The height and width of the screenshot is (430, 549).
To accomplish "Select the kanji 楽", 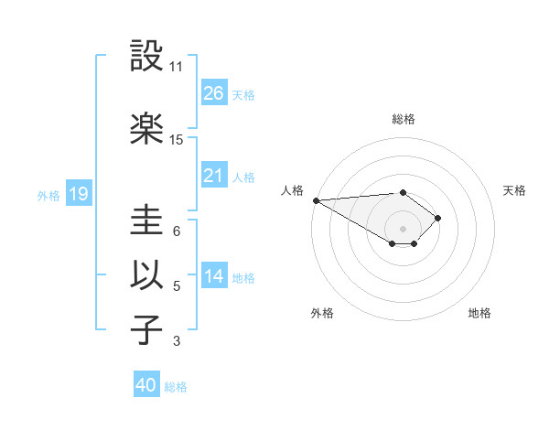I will point(147,129).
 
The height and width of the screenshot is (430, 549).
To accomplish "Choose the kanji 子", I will point(147,330).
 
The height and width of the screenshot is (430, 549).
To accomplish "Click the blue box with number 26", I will point(214,93).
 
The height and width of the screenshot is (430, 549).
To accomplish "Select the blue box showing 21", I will point(214,176).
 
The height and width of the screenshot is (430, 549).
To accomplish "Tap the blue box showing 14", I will point(214,276).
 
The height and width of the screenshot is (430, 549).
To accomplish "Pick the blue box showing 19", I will point(78,194).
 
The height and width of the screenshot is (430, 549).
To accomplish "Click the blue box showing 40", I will point(146,386).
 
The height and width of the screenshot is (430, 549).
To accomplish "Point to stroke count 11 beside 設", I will point(177,67).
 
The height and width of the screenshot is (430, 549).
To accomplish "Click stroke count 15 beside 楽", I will point(177,140).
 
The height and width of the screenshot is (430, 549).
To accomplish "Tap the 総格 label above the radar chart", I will point(403,119).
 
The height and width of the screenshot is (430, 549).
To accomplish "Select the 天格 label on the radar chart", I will point(515,190).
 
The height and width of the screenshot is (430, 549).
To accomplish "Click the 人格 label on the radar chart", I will point(292,190).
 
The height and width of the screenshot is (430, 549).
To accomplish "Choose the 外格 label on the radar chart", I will point(322,313).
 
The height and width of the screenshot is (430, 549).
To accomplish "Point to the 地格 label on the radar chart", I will point(479,313).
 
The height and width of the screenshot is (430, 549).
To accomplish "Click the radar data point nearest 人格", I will point(316,200).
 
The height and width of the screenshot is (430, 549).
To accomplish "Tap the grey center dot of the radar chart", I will point(403,227).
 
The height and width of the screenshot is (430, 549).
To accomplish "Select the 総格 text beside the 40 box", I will point(176,387).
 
